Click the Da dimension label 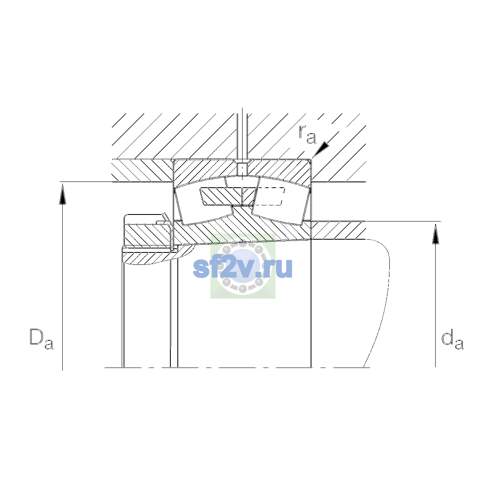(x=42, y=339)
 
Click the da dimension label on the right (x=453, y=341)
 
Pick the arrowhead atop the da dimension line (x=436, y=233)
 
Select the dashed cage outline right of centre (x=270, y=196)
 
